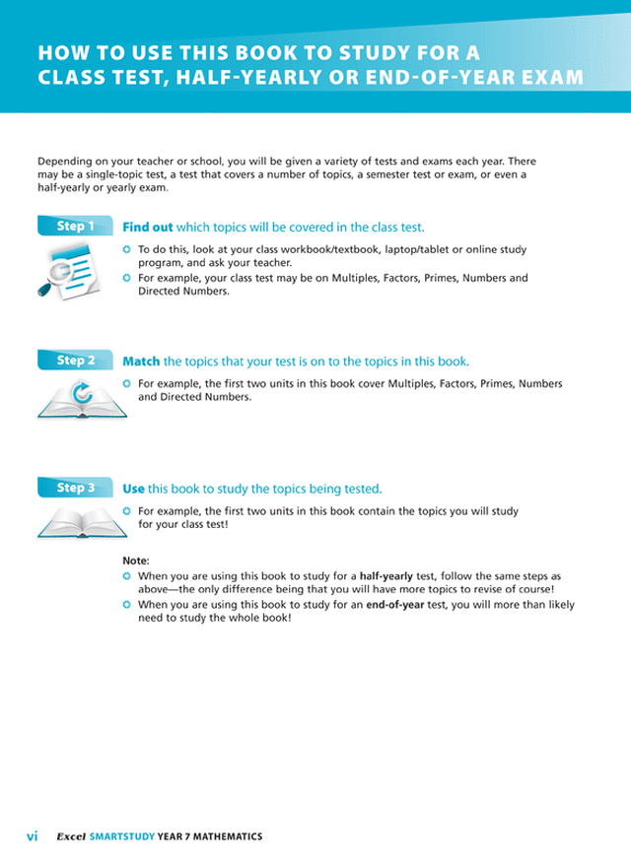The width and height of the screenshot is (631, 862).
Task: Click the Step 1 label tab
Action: pos(75,227)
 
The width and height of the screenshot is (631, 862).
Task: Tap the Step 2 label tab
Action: pos(75,361)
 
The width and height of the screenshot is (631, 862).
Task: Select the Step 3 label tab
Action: pos(75,488)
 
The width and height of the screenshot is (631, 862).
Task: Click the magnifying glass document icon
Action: pos(70,269)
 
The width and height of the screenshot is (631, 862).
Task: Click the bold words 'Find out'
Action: pos(147,228)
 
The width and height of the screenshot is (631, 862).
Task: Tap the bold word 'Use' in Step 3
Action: pos(133,489)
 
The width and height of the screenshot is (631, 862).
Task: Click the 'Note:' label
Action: pos(136,561)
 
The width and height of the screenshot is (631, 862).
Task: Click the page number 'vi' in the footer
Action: pos(32,836)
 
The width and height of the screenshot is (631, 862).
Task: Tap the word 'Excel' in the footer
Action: pos(70,836)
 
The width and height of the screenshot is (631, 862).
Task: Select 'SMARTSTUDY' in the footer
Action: pos(121,836)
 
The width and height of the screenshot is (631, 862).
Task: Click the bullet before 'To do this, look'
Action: pos(127,251)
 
